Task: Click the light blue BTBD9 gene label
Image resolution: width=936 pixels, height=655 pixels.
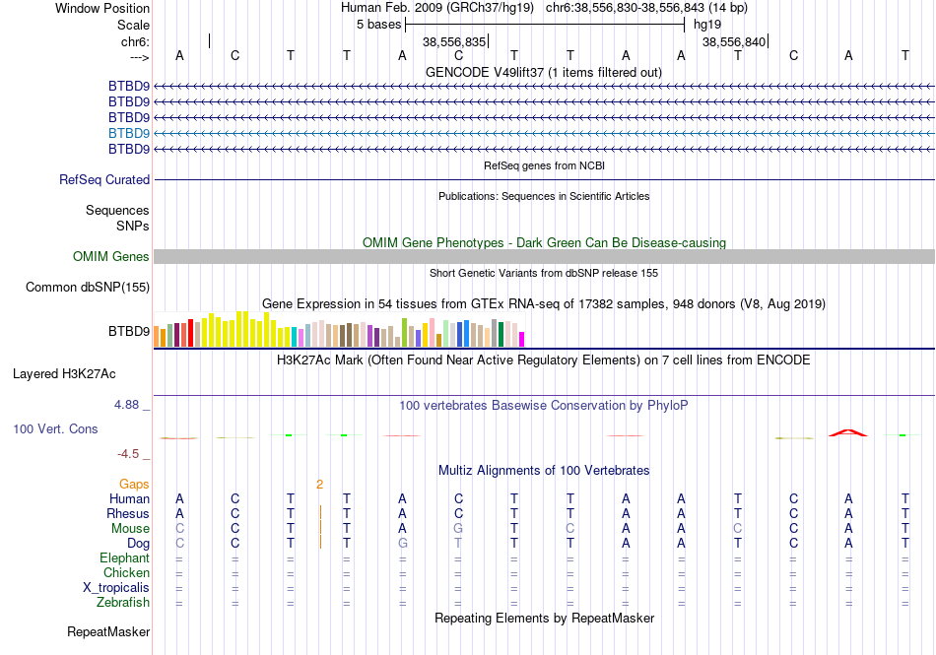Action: (x=129, y=133)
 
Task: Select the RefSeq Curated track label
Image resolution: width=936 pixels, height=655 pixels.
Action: (x=104, y=180)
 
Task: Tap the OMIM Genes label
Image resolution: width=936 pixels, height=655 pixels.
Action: (x=111, y=257)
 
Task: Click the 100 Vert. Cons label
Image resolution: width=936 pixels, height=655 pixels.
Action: (x=55, y=429)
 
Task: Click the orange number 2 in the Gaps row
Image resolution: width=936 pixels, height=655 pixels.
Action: (x=319, y=484)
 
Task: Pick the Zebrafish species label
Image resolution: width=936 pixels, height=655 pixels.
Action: (x=123, y=603)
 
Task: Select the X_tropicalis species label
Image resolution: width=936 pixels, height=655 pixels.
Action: (x=116, y=588)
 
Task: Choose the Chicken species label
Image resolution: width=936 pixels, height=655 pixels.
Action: (x=126, y=573)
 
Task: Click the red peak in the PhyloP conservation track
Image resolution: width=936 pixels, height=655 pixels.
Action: (x=847, y=431)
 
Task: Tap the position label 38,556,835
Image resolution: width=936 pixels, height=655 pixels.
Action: (x=454, y=42)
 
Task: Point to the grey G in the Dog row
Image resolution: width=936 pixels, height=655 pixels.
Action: (x=402, y=544)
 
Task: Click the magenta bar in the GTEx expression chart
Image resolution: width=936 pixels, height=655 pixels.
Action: (x=521, y=339)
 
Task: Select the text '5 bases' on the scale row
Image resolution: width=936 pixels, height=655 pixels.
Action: (x=378, y=24)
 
